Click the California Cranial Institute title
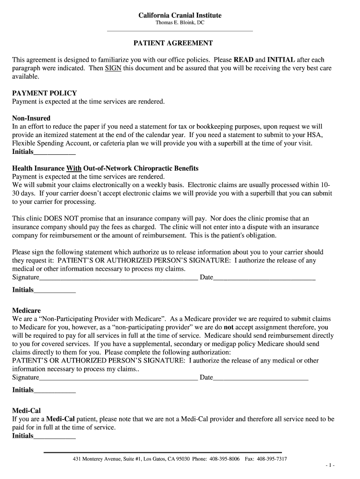[x=180, y=15]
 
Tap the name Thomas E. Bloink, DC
[x=180, y=23]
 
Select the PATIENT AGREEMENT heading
[x=173, y=43]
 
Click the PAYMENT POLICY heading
[x=44, y=93]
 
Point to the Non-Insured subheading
[x=31, y=118]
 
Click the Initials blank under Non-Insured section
[x=55, y=152]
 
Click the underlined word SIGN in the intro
[x=113, y=68]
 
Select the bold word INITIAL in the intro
[x=281, y=60]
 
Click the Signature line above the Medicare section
[x=119, y=278]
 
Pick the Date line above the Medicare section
[x=264, y=278]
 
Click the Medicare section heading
[x=26, y=311]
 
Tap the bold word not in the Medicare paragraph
[x=229, y=327]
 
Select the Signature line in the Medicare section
[x=119, y=378]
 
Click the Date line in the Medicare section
[x=261, y=378]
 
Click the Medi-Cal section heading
[x=26, y=411]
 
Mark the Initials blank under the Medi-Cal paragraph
[x=55, y=436]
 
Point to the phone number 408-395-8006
[x=224, y=459]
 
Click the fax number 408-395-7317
[x=272, y=459]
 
